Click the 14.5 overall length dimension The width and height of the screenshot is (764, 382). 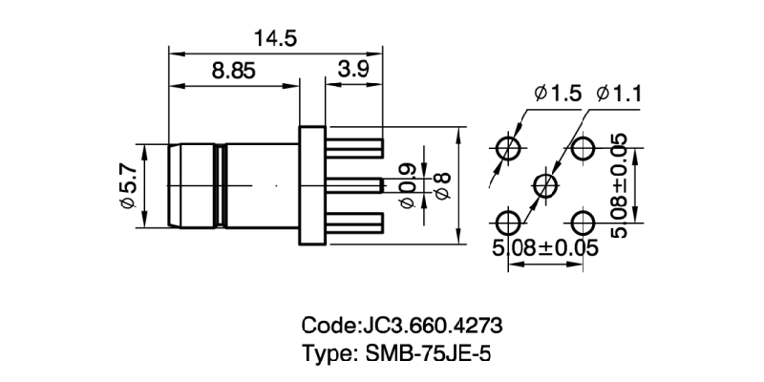tap(275, 38)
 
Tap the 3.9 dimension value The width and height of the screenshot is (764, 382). tap(355, 70)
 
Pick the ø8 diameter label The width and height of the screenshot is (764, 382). tap(441, 186)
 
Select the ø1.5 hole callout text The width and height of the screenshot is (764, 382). tap(553, 94)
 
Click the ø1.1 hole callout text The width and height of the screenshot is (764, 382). tap(619, 94)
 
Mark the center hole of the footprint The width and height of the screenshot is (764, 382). tap(545, 185)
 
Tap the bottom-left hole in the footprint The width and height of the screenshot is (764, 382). tap(508, 223)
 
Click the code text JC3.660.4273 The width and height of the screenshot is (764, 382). tap(401, 325)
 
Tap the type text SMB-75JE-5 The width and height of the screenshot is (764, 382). tap(399, 352)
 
